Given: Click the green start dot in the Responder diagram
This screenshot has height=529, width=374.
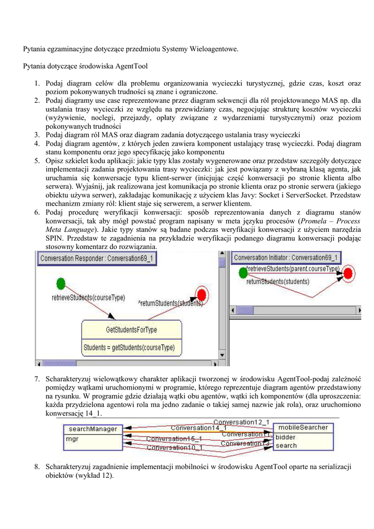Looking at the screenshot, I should click(x=60, y=283).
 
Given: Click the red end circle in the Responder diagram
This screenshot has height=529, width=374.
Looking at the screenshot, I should click(x=202, y=295).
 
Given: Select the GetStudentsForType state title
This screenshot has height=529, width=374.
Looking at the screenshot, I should click(x=131, y=330).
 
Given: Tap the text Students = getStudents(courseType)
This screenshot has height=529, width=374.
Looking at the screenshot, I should click(x=129, y=348).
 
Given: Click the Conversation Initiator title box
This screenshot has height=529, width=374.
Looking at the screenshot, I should click(x=286, y=258).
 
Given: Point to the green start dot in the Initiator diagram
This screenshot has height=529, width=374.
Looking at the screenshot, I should click(x=242, y=272).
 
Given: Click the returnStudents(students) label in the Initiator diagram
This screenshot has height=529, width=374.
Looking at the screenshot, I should click(x=277, y=282).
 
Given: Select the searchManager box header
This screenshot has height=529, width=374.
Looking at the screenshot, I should click(x=93, y=429).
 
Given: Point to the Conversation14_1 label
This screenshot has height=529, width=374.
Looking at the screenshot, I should click(x=198, y=428).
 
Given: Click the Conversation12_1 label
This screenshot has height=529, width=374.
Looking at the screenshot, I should click(x=241, y=422).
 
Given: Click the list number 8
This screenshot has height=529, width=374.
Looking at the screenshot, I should click(x=38, y=467).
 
